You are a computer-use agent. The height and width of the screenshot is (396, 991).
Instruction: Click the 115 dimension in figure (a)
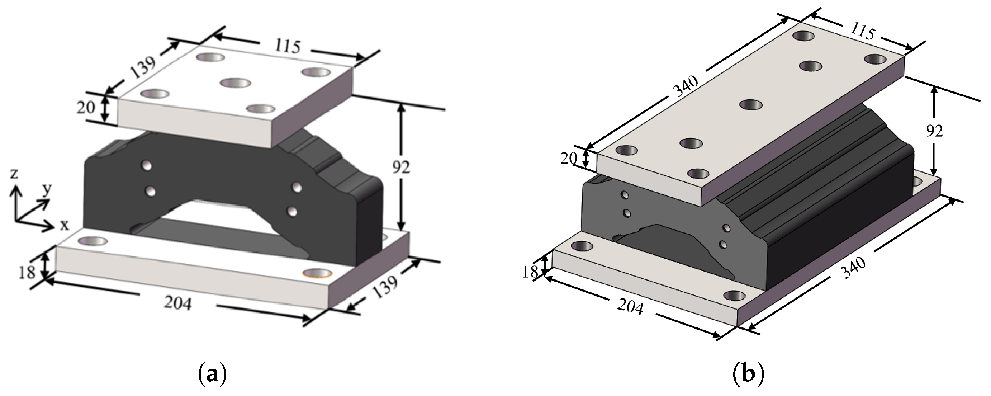tap(288, 47)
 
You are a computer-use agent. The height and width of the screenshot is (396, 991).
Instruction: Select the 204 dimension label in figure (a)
tap(178, 304)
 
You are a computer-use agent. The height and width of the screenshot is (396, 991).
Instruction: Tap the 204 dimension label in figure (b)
tap(631, 307)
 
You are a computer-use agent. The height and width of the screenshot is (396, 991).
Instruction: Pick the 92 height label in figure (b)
tap(934, 131)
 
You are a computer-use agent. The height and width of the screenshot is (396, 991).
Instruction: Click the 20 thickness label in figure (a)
tap(85, 108)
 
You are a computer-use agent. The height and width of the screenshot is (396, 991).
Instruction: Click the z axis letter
tap(14, 174)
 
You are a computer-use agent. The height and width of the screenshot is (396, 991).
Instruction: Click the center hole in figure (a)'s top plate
tap(236, 82)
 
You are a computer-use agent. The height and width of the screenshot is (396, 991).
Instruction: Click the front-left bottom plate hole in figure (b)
tap(582, 246)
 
